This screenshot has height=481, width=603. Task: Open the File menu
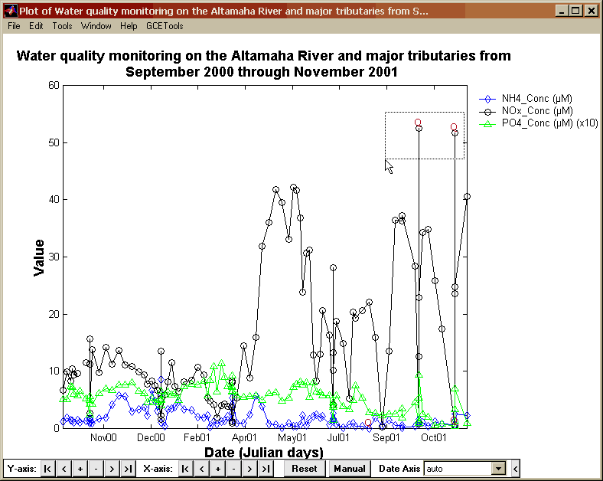[x=14, y=26]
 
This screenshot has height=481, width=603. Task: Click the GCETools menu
[x=165, y=26]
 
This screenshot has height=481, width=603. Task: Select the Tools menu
[x=62, y=26]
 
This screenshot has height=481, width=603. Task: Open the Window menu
[x=96, y=26]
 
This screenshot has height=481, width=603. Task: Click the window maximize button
[x=576, y=11]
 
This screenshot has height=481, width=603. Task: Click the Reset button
[x=304, y=468]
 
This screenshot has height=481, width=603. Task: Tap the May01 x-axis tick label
[x=291, y=438]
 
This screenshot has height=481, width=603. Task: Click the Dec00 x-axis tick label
[x=151, y=438]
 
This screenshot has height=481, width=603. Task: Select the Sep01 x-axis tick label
[x=386, y=438]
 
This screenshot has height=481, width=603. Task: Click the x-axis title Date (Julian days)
[x=263, y=452]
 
